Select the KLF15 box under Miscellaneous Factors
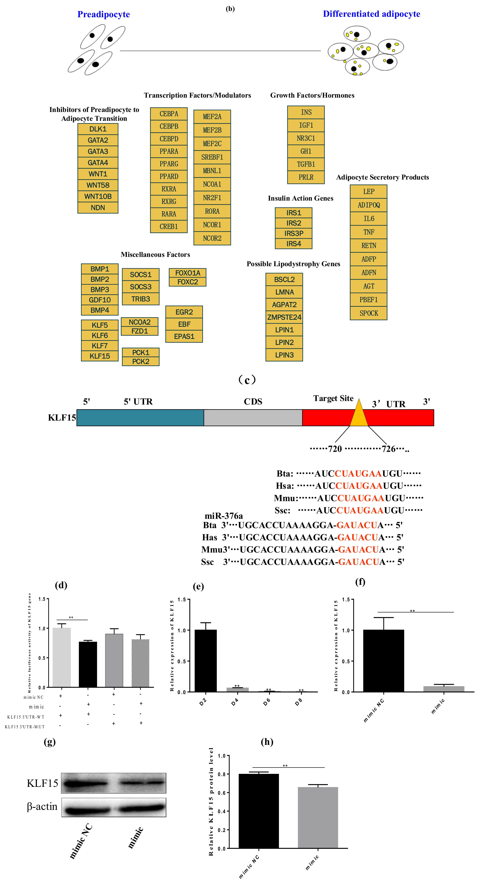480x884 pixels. [100, 356]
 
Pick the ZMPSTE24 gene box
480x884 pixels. [284, 317]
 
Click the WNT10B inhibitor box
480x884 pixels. [98, 196]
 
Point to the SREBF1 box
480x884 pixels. [212, 157]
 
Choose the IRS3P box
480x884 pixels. [293, 233]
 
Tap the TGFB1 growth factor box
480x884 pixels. [306, 164]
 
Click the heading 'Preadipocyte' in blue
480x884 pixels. [103, 14]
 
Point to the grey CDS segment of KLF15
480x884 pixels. [253, 418]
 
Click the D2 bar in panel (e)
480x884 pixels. [205, 661]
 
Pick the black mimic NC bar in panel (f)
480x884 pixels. [383, 661]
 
